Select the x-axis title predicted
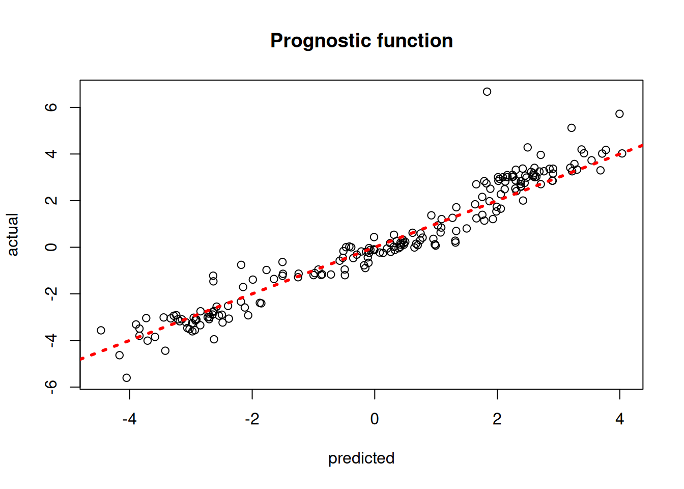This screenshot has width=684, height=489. pyautogui.click(x=361, y=458)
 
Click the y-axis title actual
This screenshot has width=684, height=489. pyautogui.click(x=13, y=234)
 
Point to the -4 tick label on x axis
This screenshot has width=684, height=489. pyautogui.click(x=129, y=419)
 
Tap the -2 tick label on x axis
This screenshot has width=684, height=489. pyautogui.click(x=252, y=419)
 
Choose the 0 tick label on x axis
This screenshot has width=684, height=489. pyautogui.click(x=375, y=419)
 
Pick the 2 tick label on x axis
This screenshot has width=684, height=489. pyautogui.click(x=497, y=419)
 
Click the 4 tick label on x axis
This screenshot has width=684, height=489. pyautogui.click(x=619, y=419)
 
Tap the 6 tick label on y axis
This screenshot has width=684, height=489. pyautogui.click(x=51, y=107)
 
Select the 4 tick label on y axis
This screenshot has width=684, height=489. pyautogui.click(x=51, y=154)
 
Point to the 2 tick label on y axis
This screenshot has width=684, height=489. pyautogui.click(x=51, y=201)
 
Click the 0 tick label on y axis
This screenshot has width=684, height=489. pyautogui.click(x=51, y=247)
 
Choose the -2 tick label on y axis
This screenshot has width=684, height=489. pyautogui.click(x=51, y=294)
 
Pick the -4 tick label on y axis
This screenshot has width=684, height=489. pyautogui.click(x=51, y=340)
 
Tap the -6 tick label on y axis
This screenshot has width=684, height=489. pyautogui.click(x=51, y=387)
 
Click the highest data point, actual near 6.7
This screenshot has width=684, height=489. pyautogui.click(x=487, y=92)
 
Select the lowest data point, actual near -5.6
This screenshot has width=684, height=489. pyautogui.click(x=127, y=378)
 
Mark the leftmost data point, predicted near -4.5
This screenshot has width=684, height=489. pyautogui.click(x=101, y=331)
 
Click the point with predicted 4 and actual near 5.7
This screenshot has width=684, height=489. pyautogui.click(x=619, y=114)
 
